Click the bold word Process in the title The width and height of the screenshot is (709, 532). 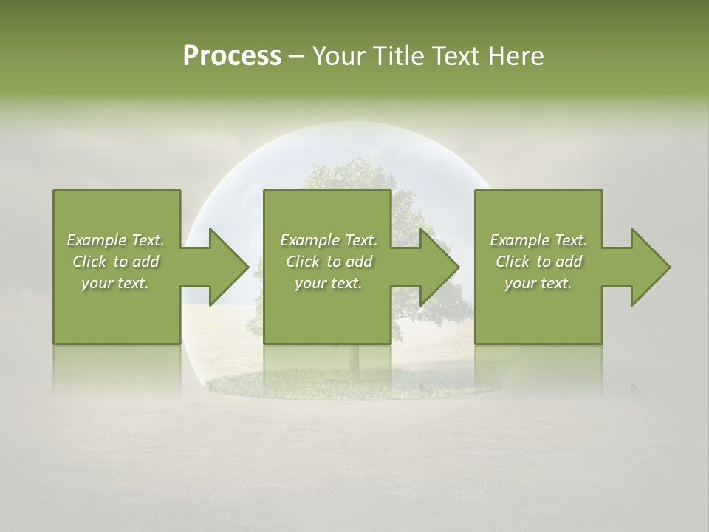tap(232, 56)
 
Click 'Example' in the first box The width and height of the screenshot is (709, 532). tap(96, 240)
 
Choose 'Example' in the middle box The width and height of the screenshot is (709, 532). tap(309, 240)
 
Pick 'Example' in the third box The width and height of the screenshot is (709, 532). tap(519, 240)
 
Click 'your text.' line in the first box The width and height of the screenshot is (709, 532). tap(115, 283)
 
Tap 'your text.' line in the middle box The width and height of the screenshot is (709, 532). tap(328, 283)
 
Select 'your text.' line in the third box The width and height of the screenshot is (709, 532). tap(538, 283)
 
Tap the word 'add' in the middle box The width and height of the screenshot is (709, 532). tap(358, 262)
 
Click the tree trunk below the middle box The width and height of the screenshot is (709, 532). tap(354, 358)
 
